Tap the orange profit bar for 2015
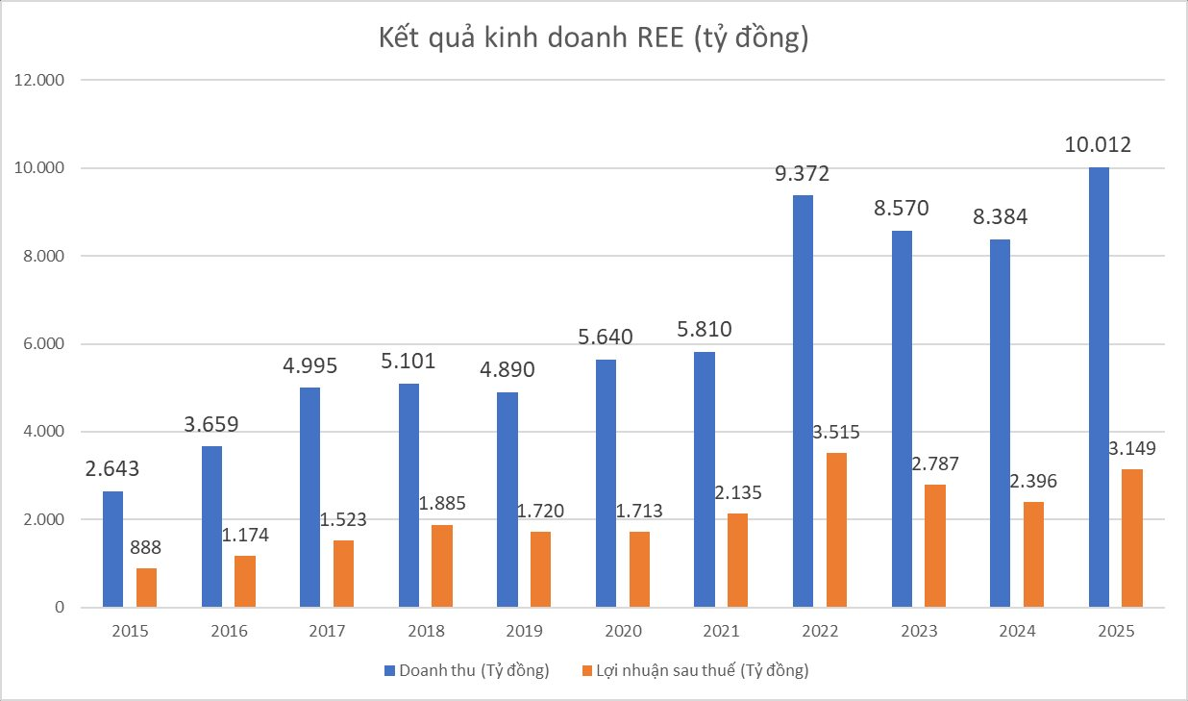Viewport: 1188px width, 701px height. tap(146, 588)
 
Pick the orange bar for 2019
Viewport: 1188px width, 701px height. tap(540, 569)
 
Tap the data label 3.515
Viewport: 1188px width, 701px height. tap(835, 433)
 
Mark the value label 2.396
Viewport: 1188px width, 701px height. tap(1033, 482)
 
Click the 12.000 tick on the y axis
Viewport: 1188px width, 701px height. tap(38, 81)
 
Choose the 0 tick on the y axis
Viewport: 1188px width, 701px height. tap(60, 608)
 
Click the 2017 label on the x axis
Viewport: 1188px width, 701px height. tap(327, 632)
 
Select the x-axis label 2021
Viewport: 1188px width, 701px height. tap(721, 632)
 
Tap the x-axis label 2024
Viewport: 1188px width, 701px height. tap(1017, 632)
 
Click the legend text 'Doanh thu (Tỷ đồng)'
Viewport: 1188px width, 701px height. tap(474, 671)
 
